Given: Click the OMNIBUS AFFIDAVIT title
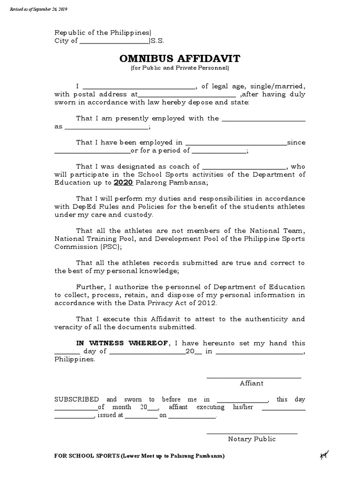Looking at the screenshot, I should coord(180,59).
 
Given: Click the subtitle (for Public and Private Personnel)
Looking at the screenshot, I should coord(180,68).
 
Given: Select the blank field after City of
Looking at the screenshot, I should coord(114,41).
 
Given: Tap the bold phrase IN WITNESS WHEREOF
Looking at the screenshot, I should coord(122,343).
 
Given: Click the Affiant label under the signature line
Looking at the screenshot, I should coord(252,383).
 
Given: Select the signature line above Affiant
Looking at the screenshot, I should coord(254,377).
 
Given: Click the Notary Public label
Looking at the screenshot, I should coord(252,439).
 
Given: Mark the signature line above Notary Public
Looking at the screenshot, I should coord(252,433).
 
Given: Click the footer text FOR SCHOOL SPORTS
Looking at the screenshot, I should coord(82,456).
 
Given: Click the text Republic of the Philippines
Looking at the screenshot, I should coord(103,32).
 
